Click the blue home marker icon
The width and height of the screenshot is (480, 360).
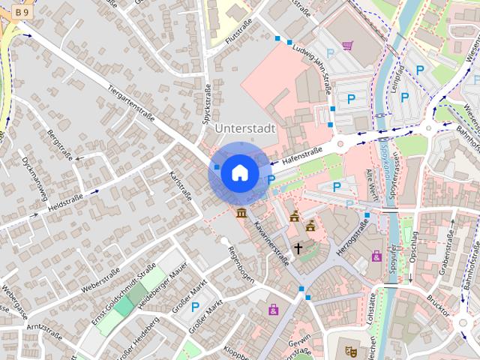239,173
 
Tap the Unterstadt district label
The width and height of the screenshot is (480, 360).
245,128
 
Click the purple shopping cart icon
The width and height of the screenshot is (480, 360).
347,46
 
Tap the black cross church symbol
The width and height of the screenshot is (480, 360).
298,247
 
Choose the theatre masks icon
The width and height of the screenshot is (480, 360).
350,349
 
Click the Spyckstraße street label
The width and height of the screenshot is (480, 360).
205,104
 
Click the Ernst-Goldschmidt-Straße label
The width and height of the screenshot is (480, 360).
124,295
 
